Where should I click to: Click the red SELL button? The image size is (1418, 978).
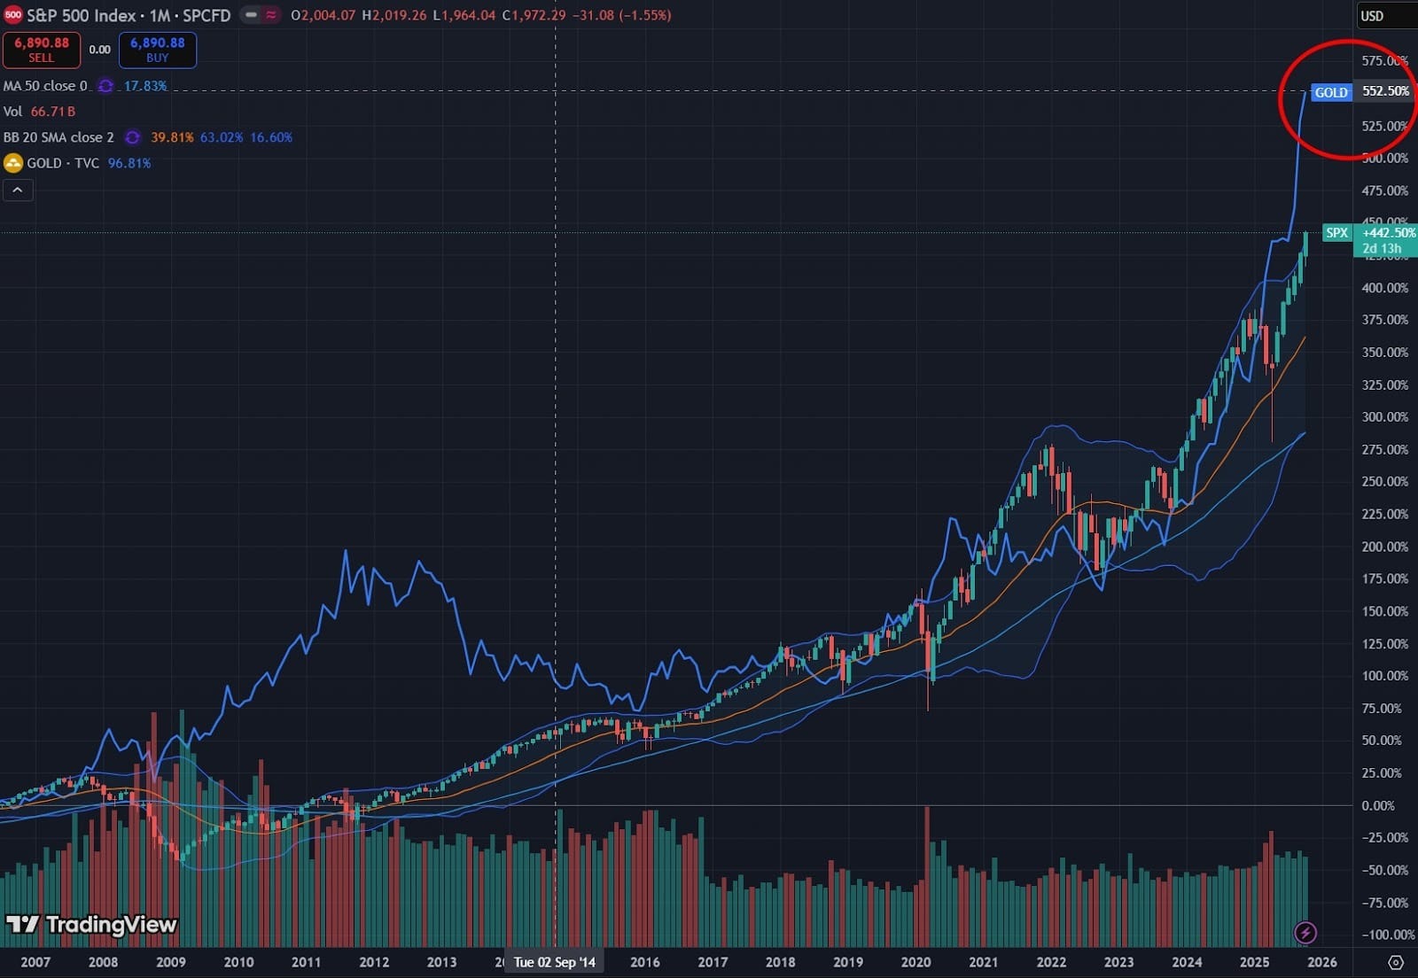[x=41, y=50]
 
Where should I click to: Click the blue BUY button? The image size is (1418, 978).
[x=158, y=50]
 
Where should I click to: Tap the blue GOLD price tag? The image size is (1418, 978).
[x=1330, y=92]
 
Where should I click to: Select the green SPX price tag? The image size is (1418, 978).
[x=1336, y=233]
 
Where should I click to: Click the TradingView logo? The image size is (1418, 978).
[x=92, y=925]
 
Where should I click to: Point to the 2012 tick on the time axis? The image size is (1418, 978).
[x=374, y=962]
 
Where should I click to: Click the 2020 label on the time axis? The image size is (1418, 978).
[x=915, y=962]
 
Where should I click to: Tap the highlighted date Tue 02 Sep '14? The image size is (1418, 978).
[x=555, y=962]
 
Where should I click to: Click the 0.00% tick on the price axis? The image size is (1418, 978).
[x=1378, y=805]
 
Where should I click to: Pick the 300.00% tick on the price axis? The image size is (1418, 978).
[x=1384, y=416]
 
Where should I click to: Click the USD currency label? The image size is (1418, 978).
[x=1372, y=16]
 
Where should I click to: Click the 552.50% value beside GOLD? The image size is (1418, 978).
[x=1385, y=91]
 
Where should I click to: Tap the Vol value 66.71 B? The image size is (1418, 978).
[x=53, y=112]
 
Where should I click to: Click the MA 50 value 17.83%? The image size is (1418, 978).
[x=145, y=86]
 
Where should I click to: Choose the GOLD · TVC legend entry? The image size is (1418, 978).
[x=62, y=163]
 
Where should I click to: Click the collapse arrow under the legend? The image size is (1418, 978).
[x=18, y=190]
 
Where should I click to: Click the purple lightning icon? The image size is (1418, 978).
[x=1305, y=932]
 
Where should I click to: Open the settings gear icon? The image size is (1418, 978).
[x=1396, y=962]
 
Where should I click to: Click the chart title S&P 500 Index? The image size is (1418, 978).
[x=82, y=15]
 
